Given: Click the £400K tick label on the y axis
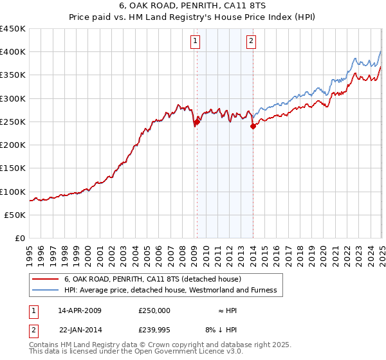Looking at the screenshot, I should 13,52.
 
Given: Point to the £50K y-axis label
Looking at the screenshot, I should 15,215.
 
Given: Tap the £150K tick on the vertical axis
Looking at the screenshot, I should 13,168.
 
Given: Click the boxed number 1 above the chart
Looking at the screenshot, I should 195,42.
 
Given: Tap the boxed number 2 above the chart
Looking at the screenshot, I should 250,42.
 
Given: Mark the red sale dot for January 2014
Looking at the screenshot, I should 253,127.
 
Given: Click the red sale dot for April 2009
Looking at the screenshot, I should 197,122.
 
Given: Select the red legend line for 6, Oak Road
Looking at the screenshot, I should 45,280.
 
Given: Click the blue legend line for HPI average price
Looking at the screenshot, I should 45,291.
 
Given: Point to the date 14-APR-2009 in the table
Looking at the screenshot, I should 80,310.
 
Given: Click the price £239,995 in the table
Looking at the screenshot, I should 154,330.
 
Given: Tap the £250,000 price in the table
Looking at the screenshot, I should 154,310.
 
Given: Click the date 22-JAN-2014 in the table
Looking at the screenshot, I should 80,330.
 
